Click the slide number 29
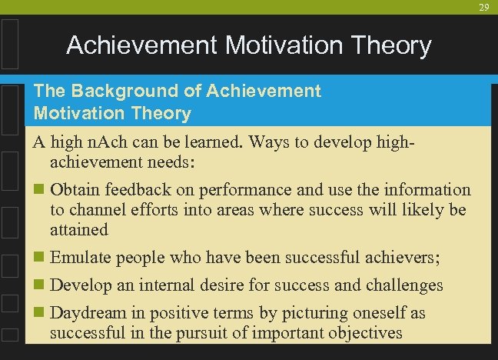483,7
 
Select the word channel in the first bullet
95,209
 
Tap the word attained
79,229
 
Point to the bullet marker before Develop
40,285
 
